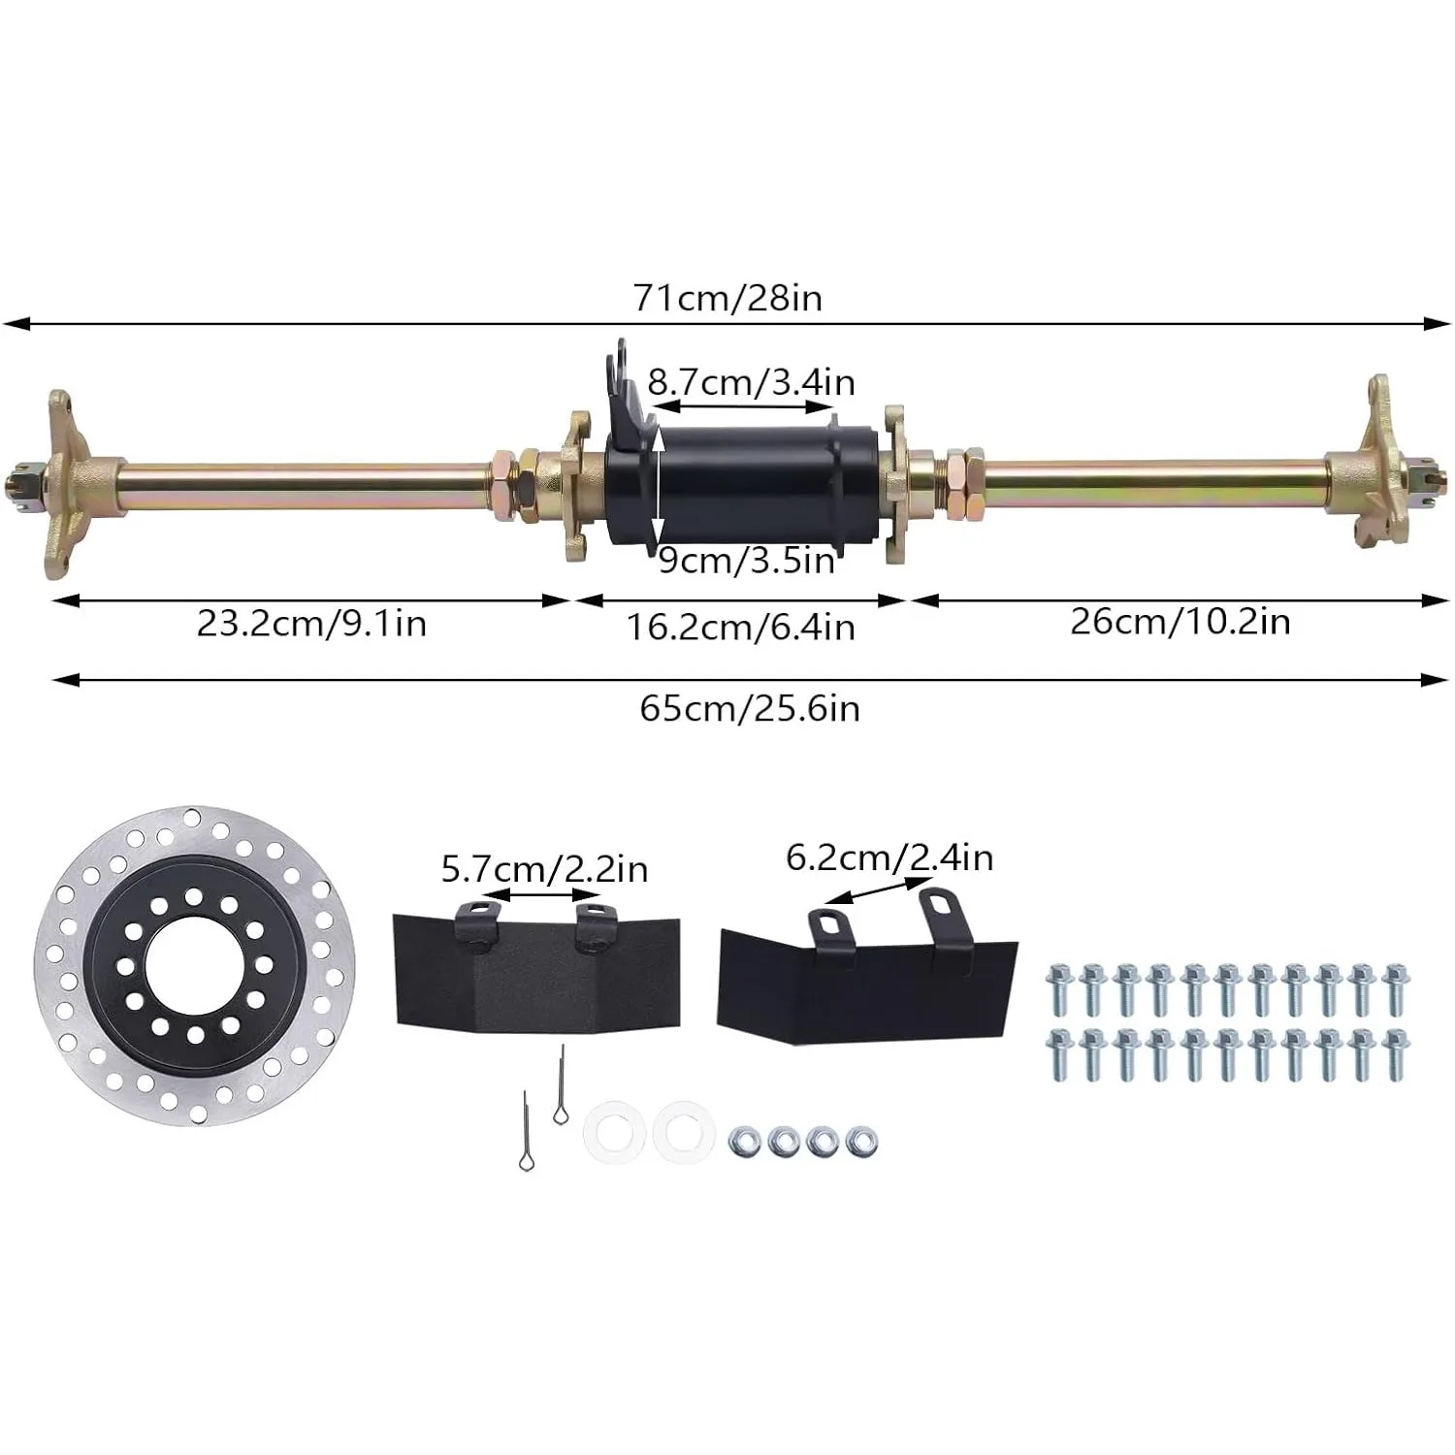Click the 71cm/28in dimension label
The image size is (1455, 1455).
[x=727, y=297]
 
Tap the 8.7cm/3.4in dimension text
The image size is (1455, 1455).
[x=751, y=382]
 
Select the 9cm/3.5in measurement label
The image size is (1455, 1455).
[x=746, y=561]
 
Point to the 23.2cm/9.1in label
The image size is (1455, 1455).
[x=311, y=623]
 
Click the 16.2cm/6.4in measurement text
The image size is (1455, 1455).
[x=740, y=627]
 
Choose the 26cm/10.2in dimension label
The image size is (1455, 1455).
[x=1180, y=621]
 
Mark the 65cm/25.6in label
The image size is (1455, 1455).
[x=749, y=708]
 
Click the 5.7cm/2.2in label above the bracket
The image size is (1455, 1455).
[x=544, y=868]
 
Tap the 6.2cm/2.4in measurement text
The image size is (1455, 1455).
[x=889, y=857]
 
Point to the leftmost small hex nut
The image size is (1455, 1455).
[x=745, y=1141]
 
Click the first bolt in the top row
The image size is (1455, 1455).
[x=1058, y=989]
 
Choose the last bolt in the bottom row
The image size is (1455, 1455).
[x=1395, y=1054]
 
